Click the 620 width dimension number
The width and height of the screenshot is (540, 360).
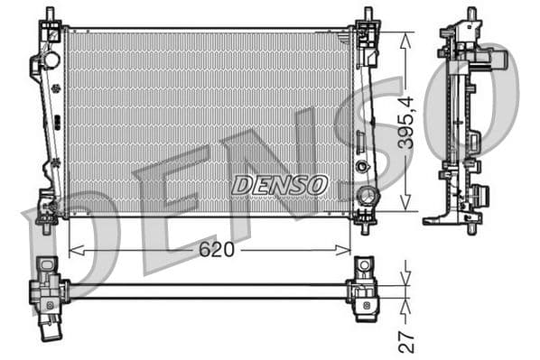(x=217, y=250)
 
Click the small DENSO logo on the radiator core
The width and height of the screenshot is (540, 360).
(x=279, y=185)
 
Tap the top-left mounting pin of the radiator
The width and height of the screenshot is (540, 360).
(x=51, y=14)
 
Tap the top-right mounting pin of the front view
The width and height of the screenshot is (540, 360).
(x=367, y=14)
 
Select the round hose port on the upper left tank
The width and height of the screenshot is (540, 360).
(x=51, y=60)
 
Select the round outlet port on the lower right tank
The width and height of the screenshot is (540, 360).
(x=367, y=196)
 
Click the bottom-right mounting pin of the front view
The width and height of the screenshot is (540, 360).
(x=366, y=226)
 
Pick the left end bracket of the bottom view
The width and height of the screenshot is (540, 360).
(x=47, y=290)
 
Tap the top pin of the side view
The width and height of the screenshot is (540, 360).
(x=470, y=14)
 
